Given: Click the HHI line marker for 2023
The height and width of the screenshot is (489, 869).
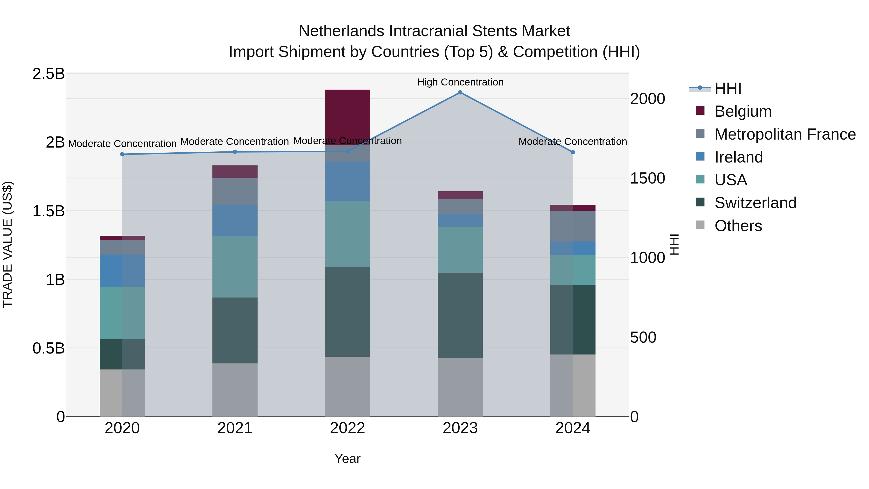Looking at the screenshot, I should [x=460, y=92].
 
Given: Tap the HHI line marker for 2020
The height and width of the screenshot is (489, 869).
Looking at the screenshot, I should [x=122, y=154].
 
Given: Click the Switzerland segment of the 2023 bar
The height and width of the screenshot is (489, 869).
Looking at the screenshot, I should [x=460, y=315].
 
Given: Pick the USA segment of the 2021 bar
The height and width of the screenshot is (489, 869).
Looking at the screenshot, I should [x=235, y=267].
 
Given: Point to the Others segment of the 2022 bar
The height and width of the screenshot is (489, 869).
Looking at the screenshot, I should [x=347, y=386].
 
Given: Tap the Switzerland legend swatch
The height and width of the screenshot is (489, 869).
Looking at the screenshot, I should [x=700, y=203].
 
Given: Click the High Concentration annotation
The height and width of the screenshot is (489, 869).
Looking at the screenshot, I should [x=460, y=82].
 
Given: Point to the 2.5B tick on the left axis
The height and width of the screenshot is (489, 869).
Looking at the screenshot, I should [x=48, y=74].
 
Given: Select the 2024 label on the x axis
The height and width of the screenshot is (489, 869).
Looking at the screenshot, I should [x=573, y=428].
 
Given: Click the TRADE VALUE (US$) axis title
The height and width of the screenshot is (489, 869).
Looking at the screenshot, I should [x=7, y=244].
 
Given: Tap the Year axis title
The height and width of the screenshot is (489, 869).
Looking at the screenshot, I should [x=347, y=459].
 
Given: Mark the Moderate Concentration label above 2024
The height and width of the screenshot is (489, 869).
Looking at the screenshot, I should [x=573, y=142].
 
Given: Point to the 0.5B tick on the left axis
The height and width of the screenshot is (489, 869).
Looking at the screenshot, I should [x=48, y=348].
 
